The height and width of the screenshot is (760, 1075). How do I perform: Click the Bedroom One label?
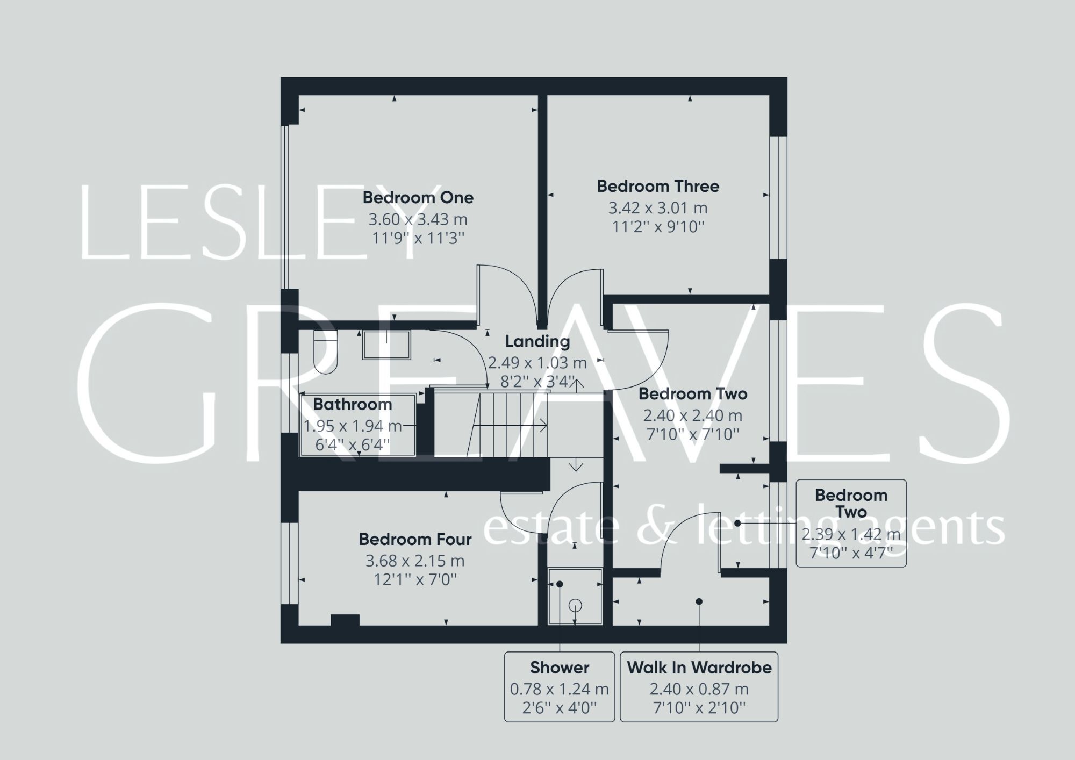(418, 198)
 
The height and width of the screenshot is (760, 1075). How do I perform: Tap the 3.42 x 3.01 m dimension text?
(658, 208)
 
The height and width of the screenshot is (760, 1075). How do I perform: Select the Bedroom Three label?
(658, 187)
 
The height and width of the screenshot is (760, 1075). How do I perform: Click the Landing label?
(537, 341)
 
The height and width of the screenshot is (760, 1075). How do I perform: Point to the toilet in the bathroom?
(325, 352)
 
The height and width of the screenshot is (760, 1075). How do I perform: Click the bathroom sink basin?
(386, 345)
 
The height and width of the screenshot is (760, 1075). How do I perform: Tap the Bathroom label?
(353, 404)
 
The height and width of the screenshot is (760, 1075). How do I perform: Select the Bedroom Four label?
(415, 539)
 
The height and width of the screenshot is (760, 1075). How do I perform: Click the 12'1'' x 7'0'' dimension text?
(415, 580)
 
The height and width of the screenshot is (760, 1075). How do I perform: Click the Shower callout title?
(560, 668)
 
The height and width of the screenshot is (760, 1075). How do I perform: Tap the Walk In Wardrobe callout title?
(699, 668)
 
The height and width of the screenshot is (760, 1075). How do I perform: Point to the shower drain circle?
(576, 606)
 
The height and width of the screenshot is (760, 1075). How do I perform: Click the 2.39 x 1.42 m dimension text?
(851, 534)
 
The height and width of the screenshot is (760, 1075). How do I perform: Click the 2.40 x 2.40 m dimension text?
(693, 415)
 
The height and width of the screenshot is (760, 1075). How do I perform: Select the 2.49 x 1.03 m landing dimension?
(537, 363)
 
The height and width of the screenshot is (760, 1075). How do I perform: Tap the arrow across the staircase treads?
(511, 426)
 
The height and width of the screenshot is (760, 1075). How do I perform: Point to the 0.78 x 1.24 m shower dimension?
(560, 689)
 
